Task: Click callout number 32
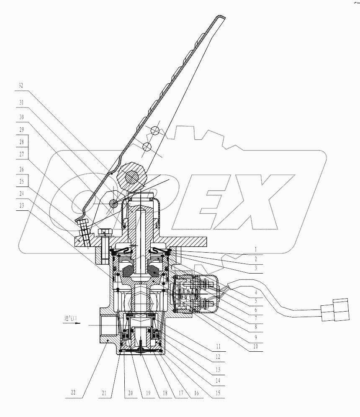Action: pyautogui.click(x=21, y=85)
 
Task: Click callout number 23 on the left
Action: pyautogui.click(x=21, y=205)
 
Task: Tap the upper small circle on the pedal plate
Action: pyautogui.click(x=154, y=130)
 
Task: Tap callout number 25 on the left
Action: pyautogui.click(x=21, y=182)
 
